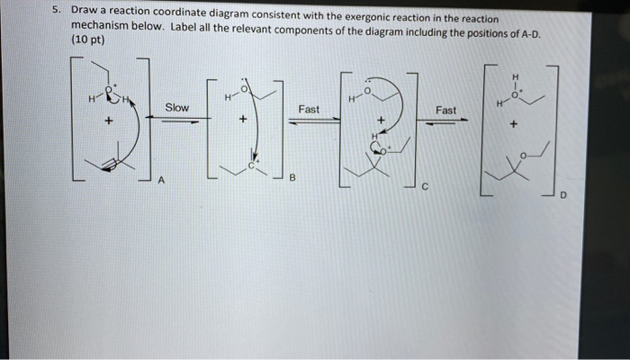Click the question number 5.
click(56, 12)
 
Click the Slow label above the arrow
click(176, 108)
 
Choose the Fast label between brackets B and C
click(309, 109)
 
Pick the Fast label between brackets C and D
click(445, 110)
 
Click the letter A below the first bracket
click(161, 180)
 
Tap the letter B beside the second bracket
click(292, 178)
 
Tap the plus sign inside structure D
click(513, 127)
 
